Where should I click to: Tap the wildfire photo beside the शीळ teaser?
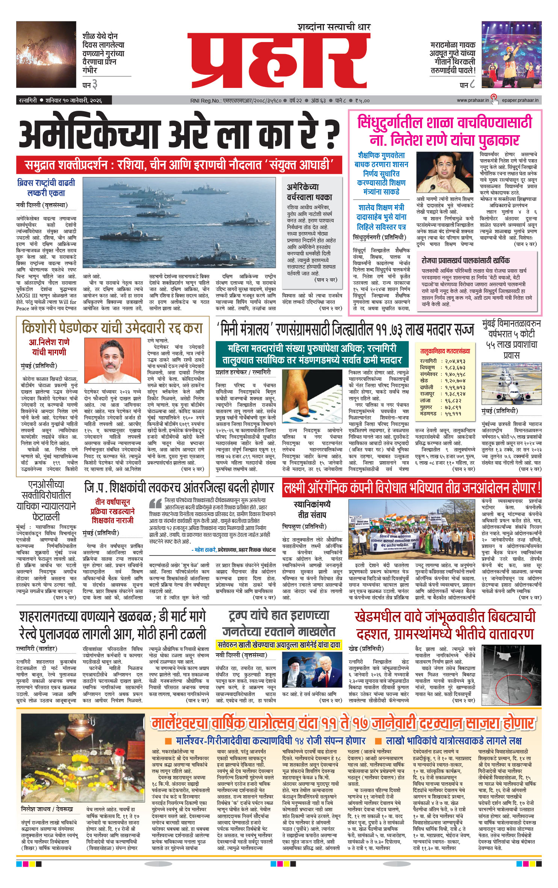(x=46, y=54)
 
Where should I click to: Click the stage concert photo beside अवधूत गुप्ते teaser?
(x=511, y=54)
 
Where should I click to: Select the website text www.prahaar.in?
(x=473, y=100)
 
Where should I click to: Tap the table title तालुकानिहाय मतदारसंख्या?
(x=445, y=351)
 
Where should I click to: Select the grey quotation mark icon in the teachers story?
(x=155, y=503)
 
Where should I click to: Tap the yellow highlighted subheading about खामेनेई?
(x=279, y=645)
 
